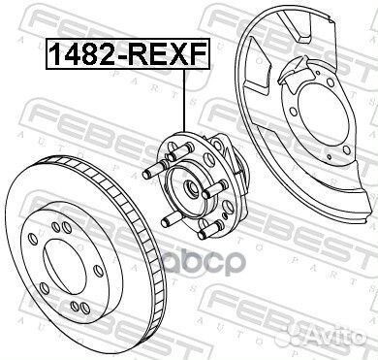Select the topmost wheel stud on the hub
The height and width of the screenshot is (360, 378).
[179, 147]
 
